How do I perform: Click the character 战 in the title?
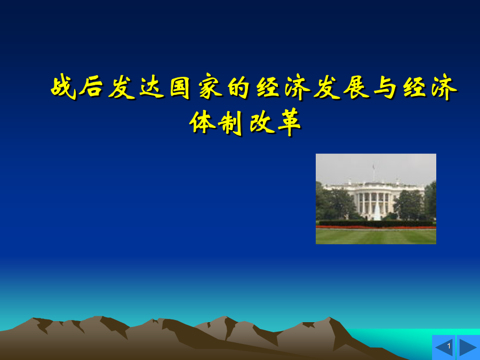coord(63,87)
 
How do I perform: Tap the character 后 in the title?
coord(91,87)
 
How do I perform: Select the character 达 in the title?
coord(151,87)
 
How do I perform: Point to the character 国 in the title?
coord(180,87)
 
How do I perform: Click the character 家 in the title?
coord(211,87)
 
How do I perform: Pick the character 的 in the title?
coord(239,87)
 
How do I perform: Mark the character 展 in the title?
coord(356,87)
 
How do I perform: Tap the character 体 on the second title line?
coord(202,122)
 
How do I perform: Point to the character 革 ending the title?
coord(289,122)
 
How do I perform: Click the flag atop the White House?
coord(374,167)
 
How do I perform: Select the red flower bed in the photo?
coord(376,227)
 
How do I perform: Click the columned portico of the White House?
coord(374,202)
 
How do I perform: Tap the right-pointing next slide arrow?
coord(467,347)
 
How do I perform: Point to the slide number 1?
coord(449,346)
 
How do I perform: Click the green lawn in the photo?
coord(376,237)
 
